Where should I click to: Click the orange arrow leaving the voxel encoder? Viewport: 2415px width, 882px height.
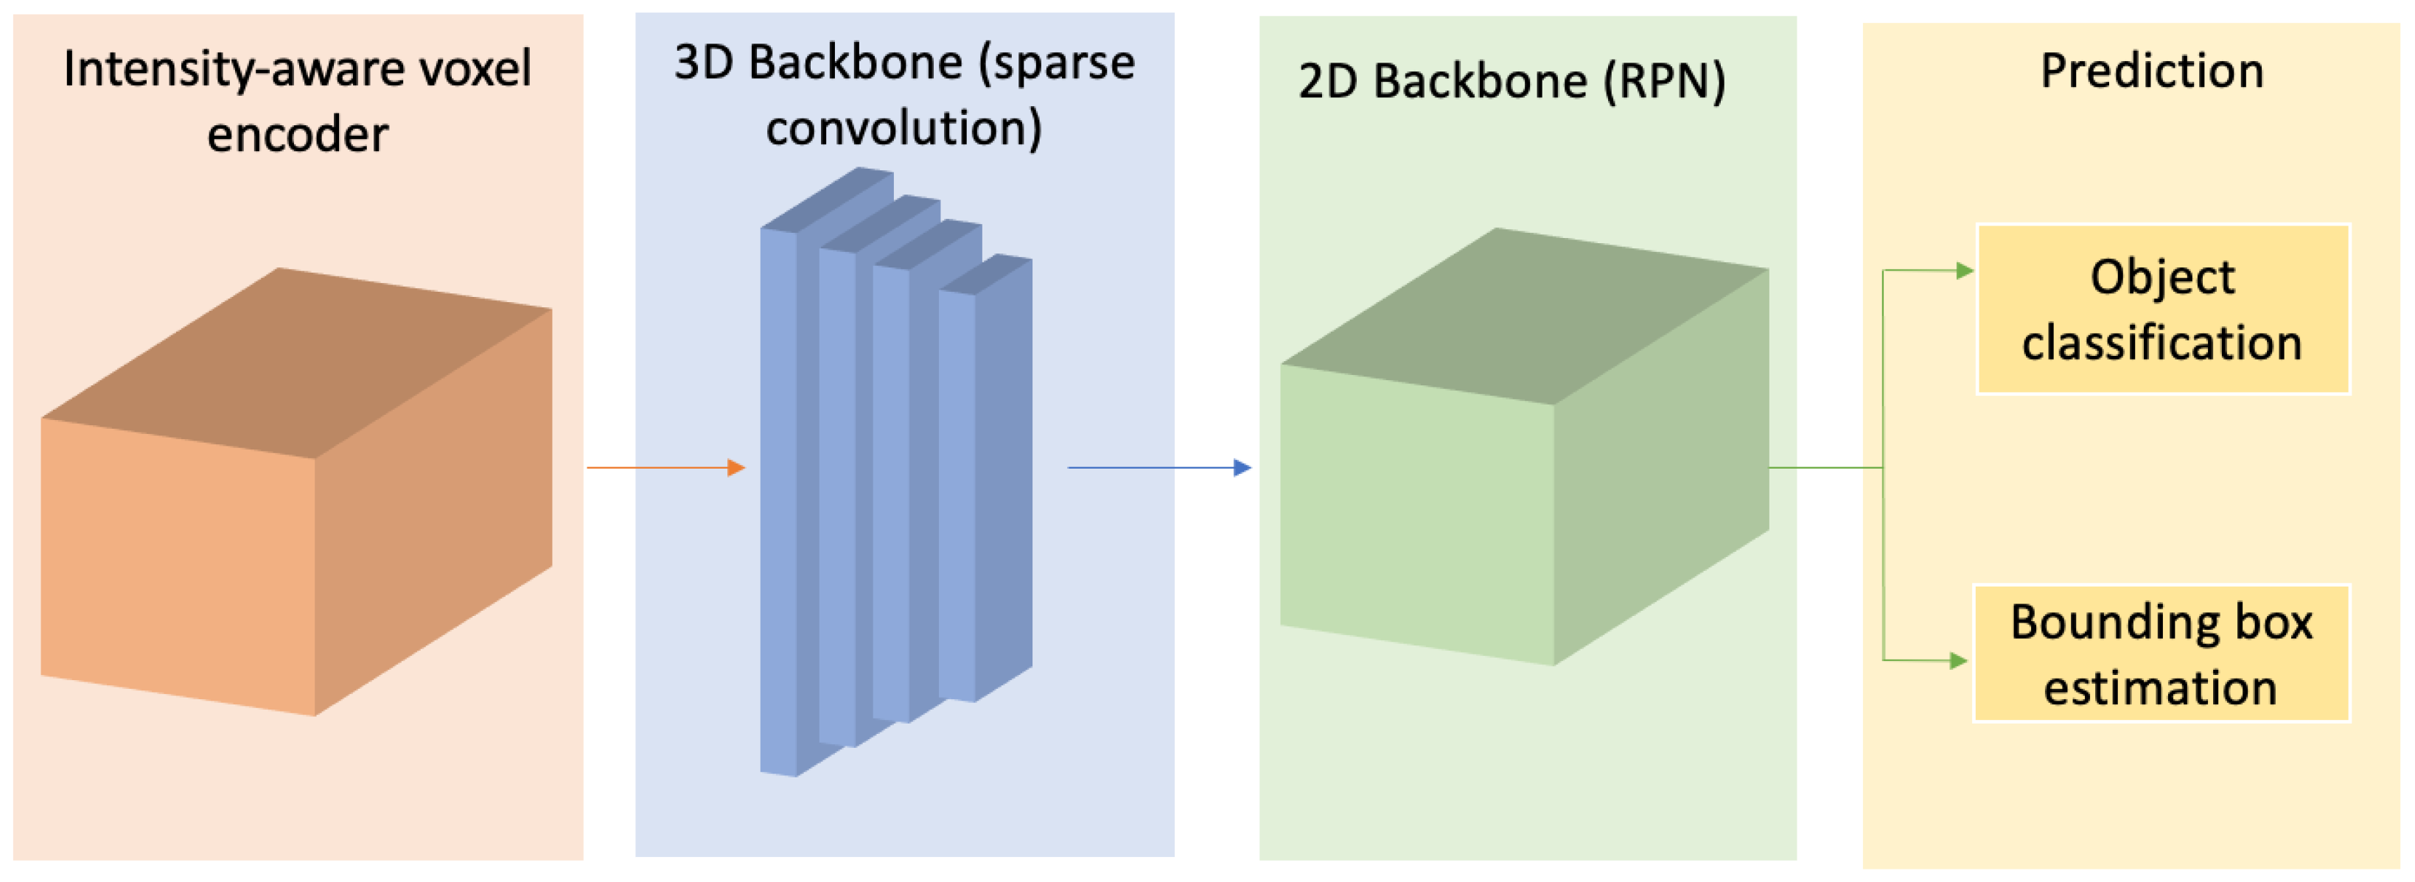[x=665, y=466]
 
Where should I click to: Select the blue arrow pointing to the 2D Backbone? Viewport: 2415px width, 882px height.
[x=1158, y=466]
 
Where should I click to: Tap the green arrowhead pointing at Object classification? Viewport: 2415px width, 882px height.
[x=1964, y=271]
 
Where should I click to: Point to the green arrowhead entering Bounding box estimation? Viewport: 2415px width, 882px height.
[x=1957, y=661]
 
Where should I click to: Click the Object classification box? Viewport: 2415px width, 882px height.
[x=2162, y=309]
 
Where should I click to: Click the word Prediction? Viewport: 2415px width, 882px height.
[x=2152, y=71]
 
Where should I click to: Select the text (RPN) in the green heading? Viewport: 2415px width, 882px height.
[x=1664, y=82]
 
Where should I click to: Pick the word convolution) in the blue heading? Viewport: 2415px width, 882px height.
[x=904, y=128]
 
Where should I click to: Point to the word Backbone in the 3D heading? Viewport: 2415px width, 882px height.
[x=855, y=63]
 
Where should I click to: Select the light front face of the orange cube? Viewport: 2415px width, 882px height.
[x=178, y=562]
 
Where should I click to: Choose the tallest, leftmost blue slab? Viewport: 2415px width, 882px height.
[x=778, y=497]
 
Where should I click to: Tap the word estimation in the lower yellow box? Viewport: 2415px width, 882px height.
[x=2160, y=689]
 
